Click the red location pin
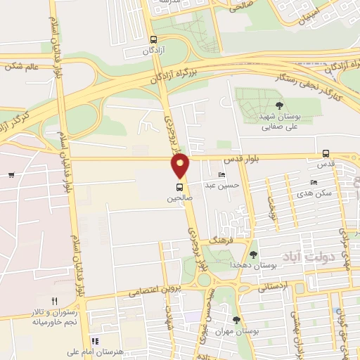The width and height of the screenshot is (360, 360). pos(181,165)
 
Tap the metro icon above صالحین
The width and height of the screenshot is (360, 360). pos(180,187)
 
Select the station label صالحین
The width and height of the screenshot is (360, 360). pos(179,198)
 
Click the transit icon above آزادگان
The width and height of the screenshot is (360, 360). pos(154,40)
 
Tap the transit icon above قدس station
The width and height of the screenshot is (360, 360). pos(326,153)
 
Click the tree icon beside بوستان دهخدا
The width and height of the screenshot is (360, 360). pos(253,255)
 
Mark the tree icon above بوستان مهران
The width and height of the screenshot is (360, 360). pos(236,319)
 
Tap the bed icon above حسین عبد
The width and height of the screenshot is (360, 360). pos(222,175)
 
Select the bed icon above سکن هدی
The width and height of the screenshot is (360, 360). pos(314,182)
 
